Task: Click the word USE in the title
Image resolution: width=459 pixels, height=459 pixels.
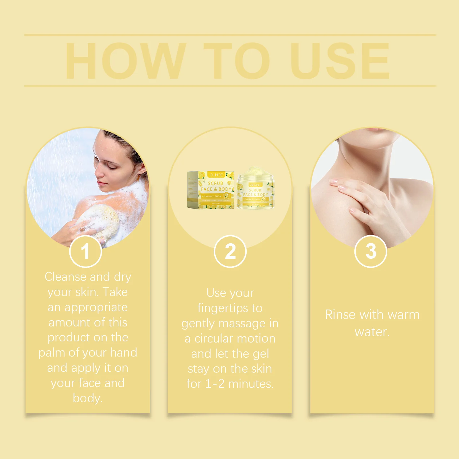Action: point(340,61)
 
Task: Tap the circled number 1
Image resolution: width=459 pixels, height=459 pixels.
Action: point(85,252)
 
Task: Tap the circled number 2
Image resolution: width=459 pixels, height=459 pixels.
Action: point(230,252)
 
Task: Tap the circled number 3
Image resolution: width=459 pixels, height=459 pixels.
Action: point(371,252)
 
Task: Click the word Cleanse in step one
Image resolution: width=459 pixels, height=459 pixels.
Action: point(65,277)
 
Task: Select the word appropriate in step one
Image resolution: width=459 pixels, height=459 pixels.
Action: point(96,308)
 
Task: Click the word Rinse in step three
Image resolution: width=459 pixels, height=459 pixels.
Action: point(340,315)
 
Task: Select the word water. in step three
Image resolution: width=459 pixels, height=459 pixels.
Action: point(372,332)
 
